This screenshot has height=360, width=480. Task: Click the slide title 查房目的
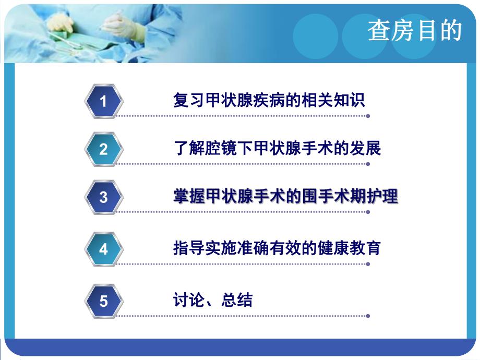click(415, 31)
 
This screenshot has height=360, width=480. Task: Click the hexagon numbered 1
click(103, 101)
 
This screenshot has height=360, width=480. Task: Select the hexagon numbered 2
click(103, 149)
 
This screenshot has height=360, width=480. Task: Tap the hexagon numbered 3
click(103, 197)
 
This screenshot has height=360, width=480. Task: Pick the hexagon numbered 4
click(103, 249)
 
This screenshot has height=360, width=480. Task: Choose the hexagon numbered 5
click(103, 301)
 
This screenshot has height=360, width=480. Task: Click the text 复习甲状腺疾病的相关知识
click(269, 100)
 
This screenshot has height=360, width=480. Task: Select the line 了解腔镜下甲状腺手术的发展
click(277, 148)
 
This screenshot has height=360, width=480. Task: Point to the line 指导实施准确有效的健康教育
click(277, 247)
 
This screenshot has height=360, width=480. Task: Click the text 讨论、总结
click(213, 300)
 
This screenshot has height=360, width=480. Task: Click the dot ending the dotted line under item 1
click(368, 116)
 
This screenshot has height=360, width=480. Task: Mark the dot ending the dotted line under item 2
click(368, 164)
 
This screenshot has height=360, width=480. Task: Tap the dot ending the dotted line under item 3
click(368, 212)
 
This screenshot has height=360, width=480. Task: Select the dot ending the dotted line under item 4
click(368, 264)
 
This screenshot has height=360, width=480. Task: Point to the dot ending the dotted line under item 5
click(368, 316)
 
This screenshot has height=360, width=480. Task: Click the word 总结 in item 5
click(237, 300)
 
